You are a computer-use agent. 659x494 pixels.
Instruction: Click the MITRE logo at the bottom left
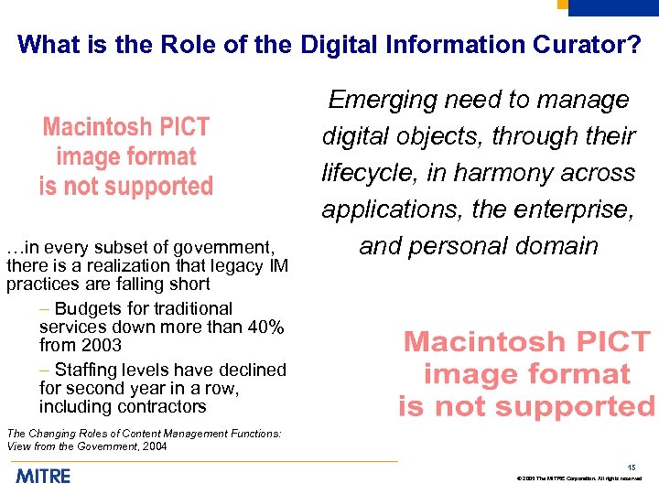[42, 476]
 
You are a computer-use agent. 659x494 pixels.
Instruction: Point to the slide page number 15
[632, 467]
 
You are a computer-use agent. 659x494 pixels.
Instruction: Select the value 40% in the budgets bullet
[265, 327]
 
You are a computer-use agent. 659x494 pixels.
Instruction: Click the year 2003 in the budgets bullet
[101, 345]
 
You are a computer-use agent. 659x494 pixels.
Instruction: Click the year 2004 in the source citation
[151, 446]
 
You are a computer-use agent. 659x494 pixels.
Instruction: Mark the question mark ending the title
[634, 44]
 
